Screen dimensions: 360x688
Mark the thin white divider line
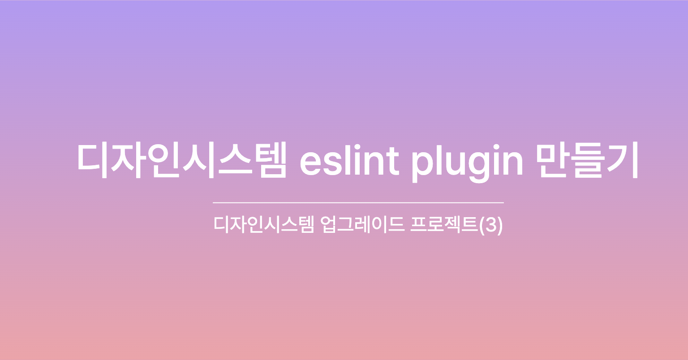point(358,203)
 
